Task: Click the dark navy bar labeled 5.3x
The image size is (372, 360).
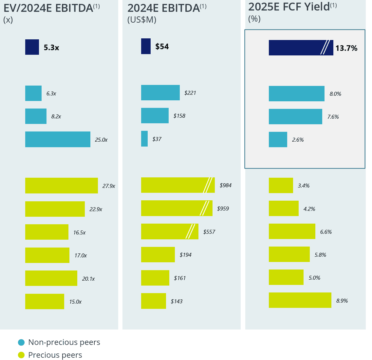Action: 32,47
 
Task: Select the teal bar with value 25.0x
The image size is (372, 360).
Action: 58,139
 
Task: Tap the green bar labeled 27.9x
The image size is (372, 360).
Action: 61,186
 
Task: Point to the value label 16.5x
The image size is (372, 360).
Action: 79,232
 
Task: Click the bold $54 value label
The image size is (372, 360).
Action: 162,47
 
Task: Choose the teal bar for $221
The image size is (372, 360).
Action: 160,93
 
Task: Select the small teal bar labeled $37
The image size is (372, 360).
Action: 144,139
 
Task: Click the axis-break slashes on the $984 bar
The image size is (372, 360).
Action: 208,185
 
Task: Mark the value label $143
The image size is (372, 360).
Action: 177,301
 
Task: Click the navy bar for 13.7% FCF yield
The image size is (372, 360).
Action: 295,48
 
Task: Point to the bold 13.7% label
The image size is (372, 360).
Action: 346,48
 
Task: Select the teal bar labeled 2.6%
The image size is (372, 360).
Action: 278,140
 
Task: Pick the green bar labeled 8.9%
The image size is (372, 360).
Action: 300,300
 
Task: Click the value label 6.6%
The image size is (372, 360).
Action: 326,232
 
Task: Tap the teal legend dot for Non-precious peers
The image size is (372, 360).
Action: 21,342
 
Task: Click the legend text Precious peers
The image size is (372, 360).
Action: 55,355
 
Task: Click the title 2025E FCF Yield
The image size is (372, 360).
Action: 289,7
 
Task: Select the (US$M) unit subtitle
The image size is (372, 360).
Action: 142,20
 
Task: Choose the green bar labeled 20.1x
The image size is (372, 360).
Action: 51,278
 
